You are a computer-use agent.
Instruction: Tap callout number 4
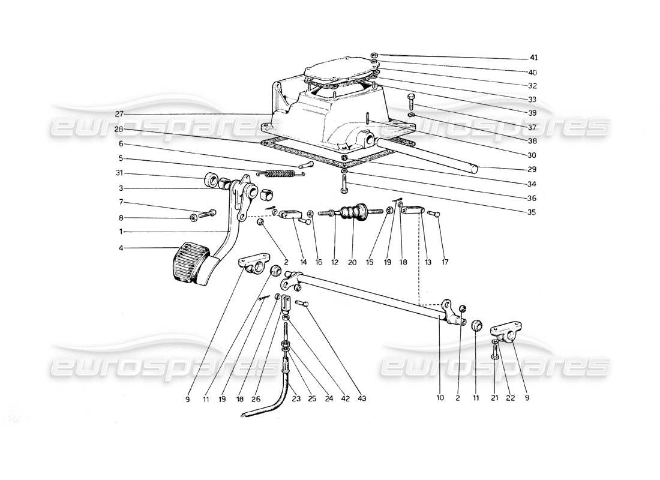[x=121, y=248]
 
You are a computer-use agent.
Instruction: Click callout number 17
[x=445, y=262]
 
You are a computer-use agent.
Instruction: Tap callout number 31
[x=121, y=175]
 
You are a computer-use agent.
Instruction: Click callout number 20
[x=351, y=262]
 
